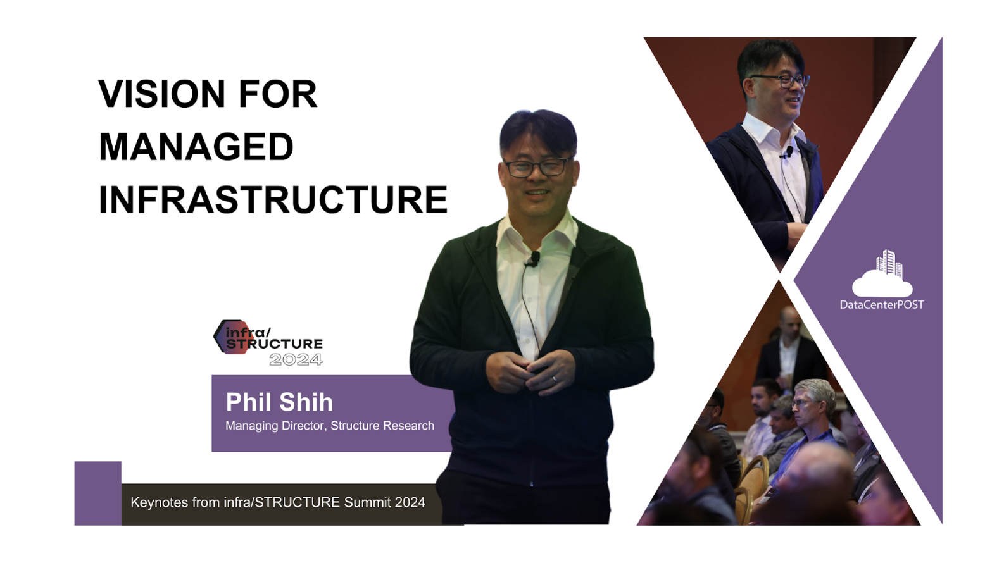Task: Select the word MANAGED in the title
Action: point(196,147)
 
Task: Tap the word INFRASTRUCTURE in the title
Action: point(273,199)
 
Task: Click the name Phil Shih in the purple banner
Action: point(279,402)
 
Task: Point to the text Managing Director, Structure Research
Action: point(330,426)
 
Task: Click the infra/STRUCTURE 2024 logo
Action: point(268,343)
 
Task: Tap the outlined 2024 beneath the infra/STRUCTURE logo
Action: point(296,359)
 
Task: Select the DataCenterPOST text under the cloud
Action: point(882,304)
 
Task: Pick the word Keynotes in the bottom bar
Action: point(159,502)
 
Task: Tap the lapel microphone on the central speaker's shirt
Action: point(534,259)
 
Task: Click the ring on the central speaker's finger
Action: point(554,380)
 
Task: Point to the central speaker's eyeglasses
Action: point(537,168)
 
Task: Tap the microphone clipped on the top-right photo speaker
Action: point(788,152)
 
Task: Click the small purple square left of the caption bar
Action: point(97,493)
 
